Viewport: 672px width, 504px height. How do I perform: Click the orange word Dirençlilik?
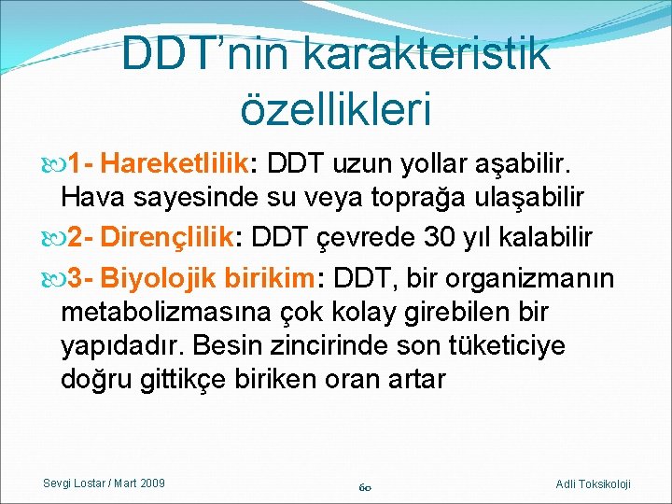point(167,237)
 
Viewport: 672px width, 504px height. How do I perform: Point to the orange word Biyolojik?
point(156,278)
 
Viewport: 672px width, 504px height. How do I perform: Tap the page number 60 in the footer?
point(367,486)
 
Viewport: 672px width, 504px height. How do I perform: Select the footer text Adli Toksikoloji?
point(593,483)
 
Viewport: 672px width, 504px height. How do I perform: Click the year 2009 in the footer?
point(150,483)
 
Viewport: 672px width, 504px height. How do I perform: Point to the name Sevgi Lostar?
point(75,483)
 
